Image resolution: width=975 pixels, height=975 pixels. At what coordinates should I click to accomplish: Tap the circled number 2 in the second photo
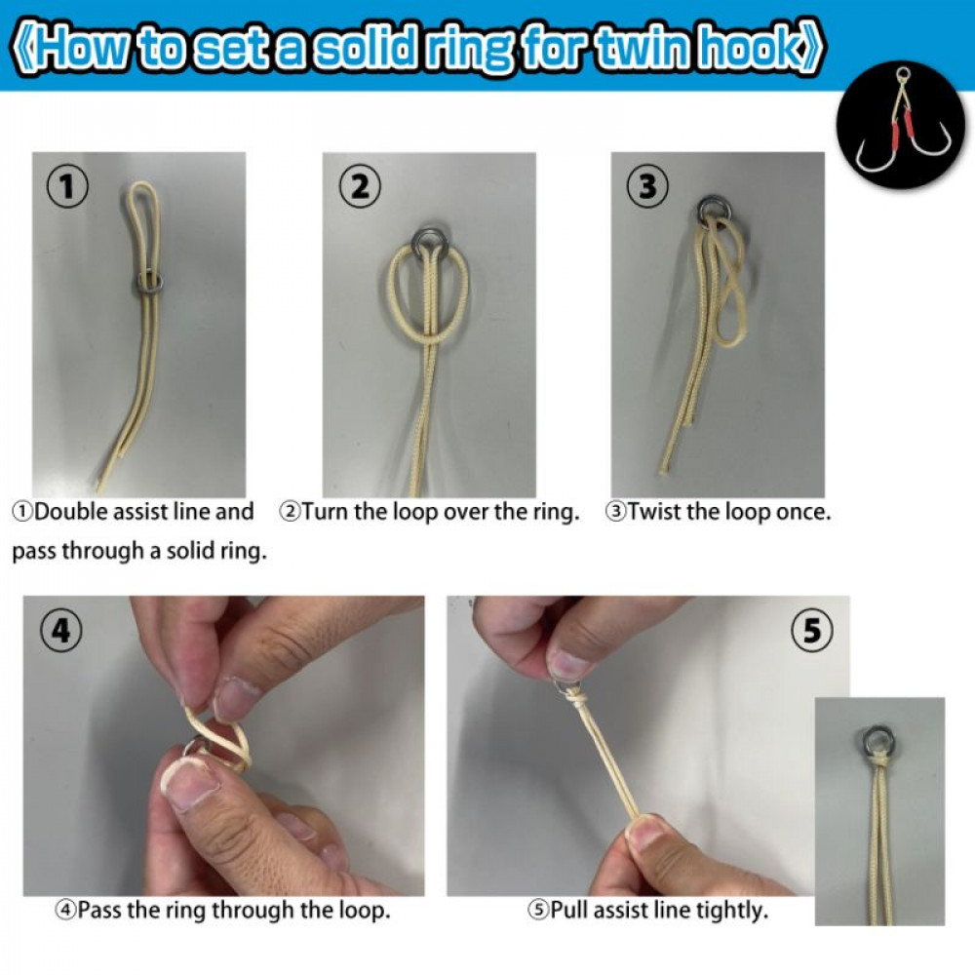coord(360,185)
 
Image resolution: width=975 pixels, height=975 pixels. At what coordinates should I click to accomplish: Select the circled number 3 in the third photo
coord(648,185)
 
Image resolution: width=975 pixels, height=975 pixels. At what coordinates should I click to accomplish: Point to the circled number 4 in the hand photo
coord(60,631)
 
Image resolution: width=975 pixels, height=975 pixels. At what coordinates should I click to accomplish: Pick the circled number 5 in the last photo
coord(812,631)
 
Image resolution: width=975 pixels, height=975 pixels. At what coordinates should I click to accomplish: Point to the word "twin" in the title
coord(640,47)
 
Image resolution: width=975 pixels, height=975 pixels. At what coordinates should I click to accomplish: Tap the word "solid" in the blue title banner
coord(364,47)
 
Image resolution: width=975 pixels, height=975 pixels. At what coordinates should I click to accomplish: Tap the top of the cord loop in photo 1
coord(142,184)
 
